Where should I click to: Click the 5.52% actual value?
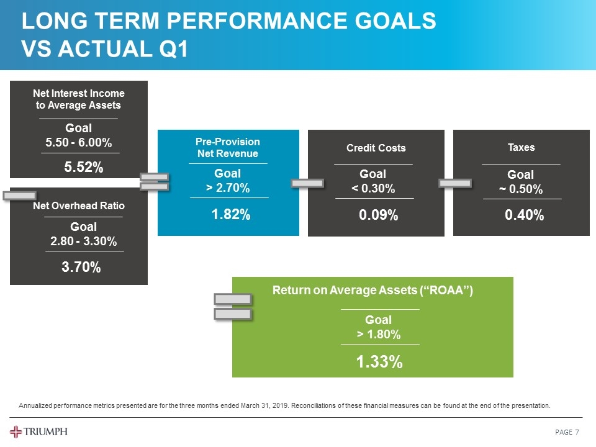(x=84, y=167)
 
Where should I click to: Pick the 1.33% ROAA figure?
(x=379, y=362)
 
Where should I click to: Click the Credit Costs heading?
(x=376, y=148)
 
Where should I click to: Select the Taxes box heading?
(x=521, y=147)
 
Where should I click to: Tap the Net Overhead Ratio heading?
(x=79, y=205)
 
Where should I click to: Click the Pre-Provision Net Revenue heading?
(x=228, y=148)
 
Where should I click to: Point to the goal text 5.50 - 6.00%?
(x=79, y=143)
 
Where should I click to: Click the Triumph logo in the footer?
(x=38, y=431)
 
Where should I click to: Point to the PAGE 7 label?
(x=566, y=432)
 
